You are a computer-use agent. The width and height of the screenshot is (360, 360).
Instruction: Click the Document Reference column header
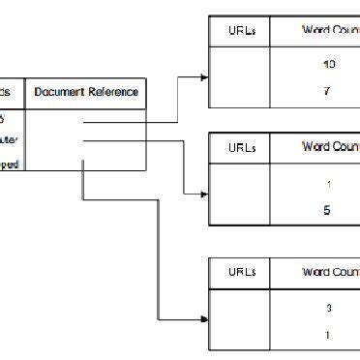[x=86, y=93]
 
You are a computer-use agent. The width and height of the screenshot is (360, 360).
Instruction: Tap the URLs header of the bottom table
[x=240, y=272]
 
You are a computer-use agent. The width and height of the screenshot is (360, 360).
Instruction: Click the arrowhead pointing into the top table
[x=203, y=76]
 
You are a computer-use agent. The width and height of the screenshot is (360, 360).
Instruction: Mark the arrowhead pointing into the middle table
[x=203, y=195]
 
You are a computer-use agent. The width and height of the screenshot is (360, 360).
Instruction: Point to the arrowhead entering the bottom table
[x=203, y=319]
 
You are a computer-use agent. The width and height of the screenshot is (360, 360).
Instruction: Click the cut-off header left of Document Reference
[x=10, y=93]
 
